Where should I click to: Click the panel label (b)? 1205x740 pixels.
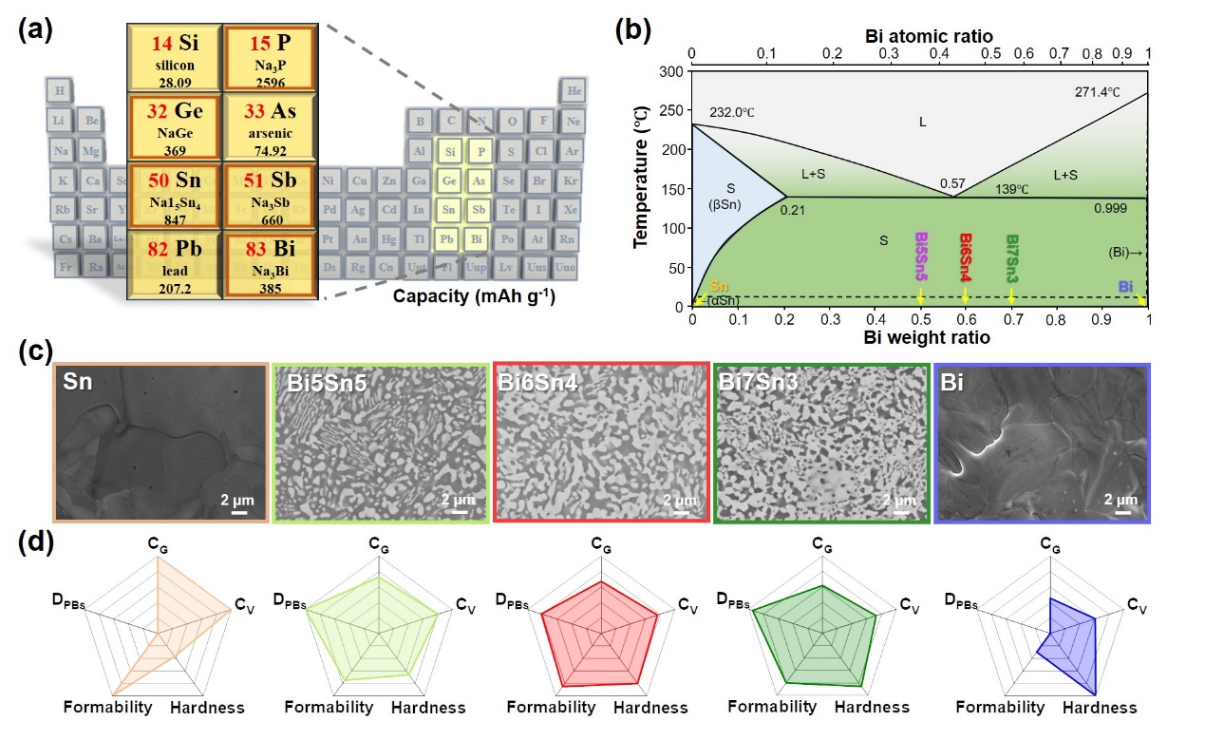point(631,28)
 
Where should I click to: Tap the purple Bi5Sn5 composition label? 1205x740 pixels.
point(920,256)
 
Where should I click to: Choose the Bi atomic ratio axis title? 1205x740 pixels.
point(919,35)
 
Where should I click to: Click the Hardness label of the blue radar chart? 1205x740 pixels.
point(1100,708)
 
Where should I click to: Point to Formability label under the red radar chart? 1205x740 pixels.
point(551,708)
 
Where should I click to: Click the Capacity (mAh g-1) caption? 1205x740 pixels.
point(474,297)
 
